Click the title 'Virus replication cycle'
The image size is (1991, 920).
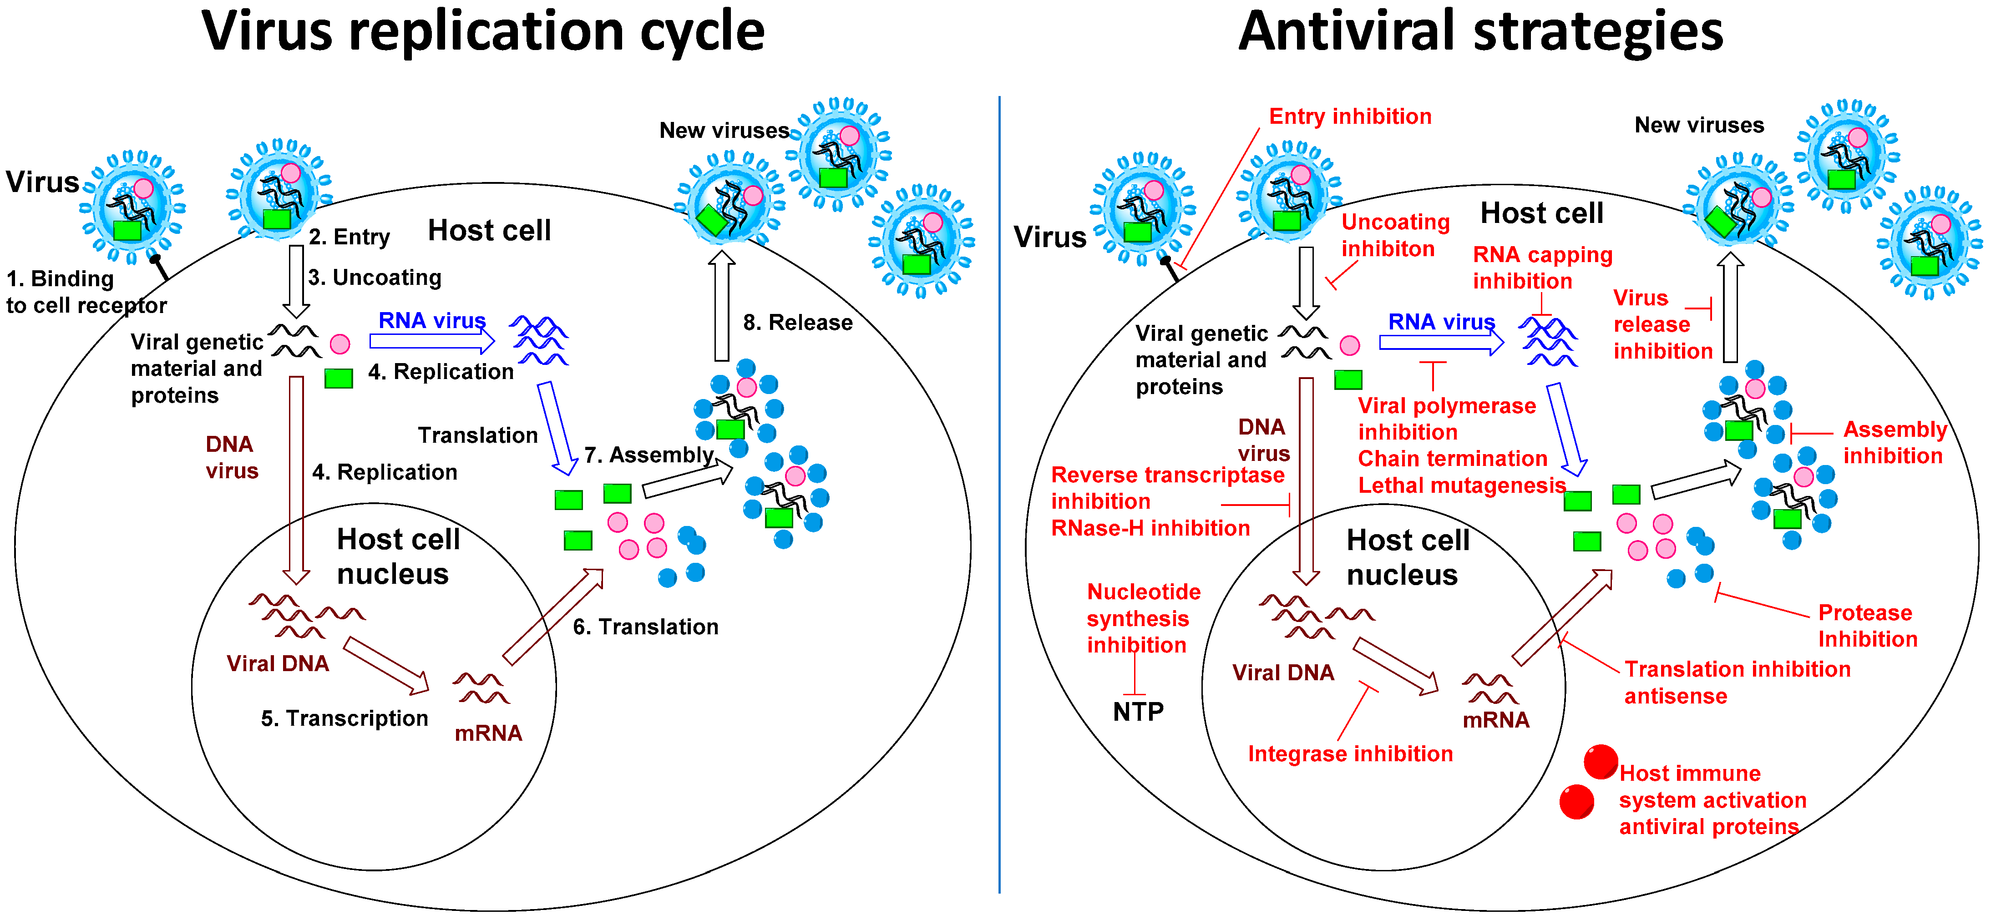tap(483, 32)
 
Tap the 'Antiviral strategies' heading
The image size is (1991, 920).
tap(1480, 32)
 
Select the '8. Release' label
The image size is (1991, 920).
tap(798, 323)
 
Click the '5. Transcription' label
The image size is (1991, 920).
tap(344, 718)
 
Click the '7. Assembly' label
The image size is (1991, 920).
tap(648, 455)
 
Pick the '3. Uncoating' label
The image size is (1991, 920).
tap(375, 277)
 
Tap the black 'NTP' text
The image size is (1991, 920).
tap(1138, 712)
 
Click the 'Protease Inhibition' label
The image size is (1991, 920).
tap(1867, 626)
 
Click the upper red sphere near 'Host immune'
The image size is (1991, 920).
tap(1600, 762)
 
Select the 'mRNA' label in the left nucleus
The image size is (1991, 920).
tap(488, 733)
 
